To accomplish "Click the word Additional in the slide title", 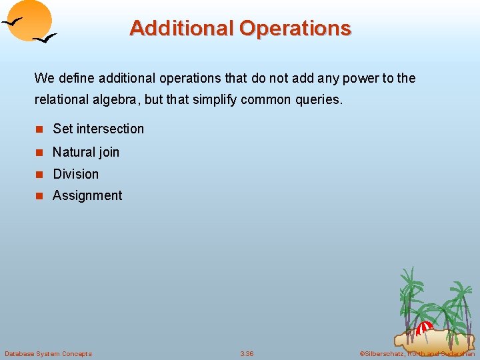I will click(181, 28).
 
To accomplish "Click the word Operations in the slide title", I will click(295, 28).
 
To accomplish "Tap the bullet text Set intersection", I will click(98, 129).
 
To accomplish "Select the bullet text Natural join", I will click(86, 152).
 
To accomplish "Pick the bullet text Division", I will click(75, 174).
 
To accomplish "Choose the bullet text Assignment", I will click(87, 195).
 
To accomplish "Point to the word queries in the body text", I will click(321, 100).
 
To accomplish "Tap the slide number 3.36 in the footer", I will click(247, 353).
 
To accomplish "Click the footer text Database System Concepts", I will click(48, 353).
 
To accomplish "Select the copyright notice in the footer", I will click(417, 353).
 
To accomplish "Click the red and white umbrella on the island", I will click(424, 328).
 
